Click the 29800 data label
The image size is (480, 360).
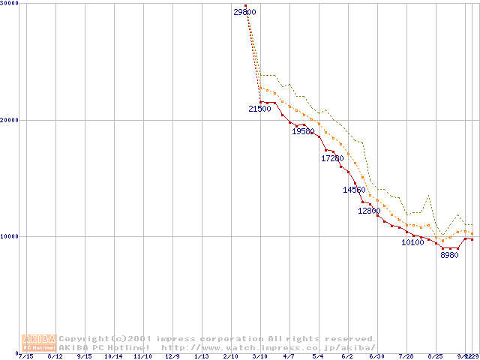point(244,13)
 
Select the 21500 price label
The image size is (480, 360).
point(259,109)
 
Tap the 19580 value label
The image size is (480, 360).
point(303,132)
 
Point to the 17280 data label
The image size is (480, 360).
point(332,159)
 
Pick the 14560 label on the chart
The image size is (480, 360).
point(354,190)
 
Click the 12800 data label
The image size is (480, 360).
point(369,211)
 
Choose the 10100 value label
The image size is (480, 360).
point(413,243)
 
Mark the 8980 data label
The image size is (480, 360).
point(449,256)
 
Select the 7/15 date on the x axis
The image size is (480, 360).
point(25,356)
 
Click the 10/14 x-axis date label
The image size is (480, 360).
point(113,356)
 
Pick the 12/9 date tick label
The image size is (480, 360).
point(172,356)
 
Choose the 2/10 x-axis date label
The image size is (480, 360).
point(230,356)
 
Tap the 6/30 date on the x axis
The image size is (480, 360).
point(376,356)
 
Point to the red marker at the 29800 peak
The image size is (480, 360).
point(245,6)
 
